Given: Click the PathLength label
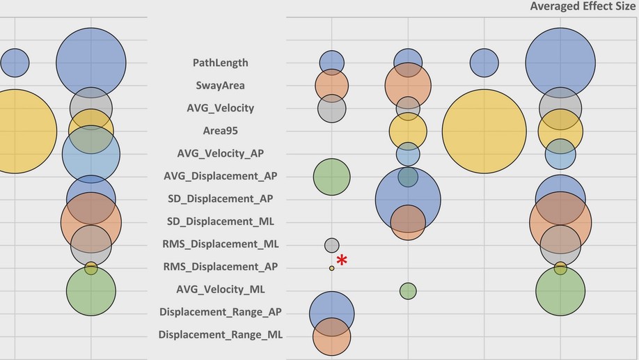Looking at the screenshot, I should click(x=220, y=63).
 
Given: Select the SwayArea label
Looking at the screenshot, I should click(x=220, y=86).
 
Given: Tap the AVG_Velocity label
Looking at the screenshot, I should click(x=220, y=108).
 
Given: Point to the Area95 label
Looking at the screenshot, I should click(x=220, y=131).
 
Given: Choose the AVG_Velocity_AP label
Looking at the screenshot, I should click(x=220, y=153).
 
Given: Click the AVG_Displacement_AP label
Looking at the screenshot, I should click(x=220, y=176).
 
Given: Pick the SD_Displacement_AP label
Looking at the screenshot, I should click(x=220, y=198).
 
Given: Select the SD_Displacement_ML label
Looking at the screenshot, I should click(x=220, y=221).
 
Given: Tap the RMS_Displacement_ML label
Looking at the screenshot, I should click(x=220, y=244).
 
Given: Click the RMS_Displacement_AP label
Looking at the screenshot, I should click(x=220, y=267).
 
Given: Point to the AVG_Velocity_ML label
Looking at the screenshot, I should click(x=220, y=289).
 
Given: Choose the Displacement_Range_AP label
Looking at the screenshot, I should click(x=220, y=312).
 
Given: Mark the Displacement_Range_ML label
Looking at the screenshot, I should click(x=220, y=335).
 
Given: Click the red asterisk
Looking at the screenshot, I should click(x=342, y=260).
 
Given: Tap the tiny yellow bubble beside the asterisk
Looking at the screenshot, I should click(x=331, y=268).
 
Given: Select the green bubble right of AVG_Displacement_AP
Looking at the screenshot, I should click(x=331, y=176).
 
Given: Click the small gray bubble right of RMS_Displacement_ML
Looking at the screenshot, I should click(x=331, y=245).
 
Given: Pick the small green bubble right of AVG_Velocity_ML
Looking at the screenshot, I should click(x=408, y=290).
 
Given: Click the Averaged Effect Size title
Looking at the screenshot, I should click(x=582, y=6).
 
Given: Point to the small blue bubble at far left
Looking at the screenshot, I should click(x=15, y=63).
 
